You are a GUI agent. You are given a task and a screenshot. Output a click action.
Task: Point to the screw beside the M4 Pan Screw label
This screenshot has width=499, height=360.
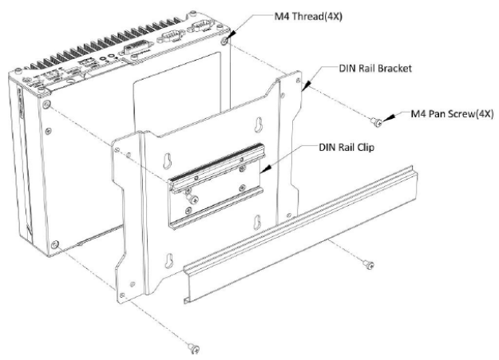tap(377, 121)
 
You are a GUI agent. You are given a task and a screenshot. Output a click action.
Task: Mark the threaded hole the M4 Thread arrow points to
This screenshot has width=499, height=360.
tap(228, 37)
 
